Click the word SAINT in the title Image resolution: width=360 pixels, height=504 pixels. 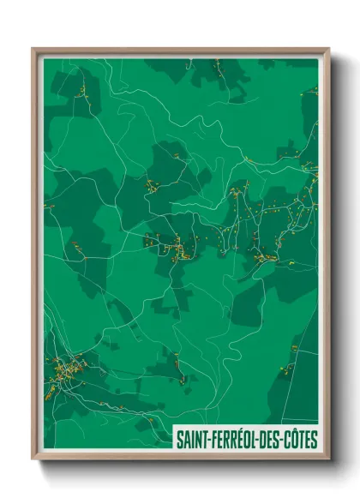pos(193,438)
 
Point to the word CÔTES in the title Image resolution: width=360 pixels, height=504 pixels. pos(303,438)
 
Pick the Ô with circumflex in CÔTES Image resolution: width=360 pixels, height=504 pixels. pos(297,438)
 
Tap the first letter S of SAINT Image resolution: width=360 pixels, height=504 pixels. pos(179,438)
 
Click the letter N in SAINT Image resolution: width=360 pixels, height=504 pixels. pos(200,438)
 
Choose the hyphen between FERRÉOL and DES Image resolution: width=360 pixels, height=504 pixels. pos(264,439)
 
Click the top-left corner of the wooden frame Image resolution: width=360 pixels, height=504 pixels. pos(33,49)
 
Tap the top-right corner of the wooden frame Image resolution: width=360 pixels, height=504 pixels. pos(329,49)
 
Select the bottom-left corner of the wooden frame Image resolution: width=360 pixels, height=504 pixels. pos(33,459)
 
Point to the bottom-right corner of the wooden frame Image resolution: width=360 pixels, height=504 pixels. pos(329,459)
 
